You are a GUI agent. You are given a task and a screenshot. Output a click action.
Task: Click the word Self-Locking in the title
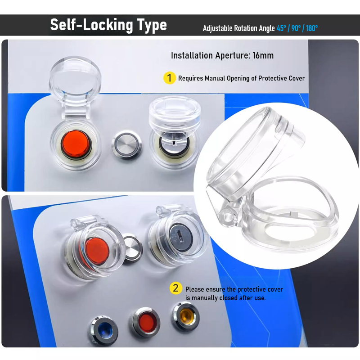[92, 25]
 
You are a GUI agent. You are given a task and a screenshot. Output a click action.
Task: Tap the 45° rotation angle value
[281, 28]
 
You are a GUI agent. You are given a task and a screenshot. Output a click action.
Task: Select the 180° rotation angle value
[312, 28]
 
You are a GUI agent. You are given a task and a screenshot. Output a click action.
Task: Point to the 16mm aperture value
[263, 55]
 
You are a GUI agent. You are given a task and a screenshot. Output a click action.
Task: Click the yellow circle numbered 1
[170, 78]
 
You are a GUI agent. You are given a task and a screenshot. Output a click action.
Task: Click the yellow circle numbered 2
[175, 288]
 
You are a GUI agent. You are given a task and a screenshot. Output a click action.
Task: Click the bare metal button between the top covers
[127, 145]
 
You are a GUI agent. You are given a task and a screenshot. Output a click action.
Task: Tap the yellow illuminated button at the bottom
[186, 317]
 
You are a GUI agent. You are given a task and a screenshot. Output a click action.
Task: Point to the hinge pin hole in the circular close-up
[228, 217]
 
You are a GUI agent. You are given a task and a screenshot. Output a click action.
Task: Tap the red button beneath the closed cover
[97, 251]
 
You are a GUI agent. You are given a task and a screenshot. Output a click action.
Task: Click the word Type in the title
[152, 25]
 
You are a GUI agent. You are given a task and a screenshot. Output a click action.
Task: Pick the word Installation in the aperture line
[192, 55]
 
